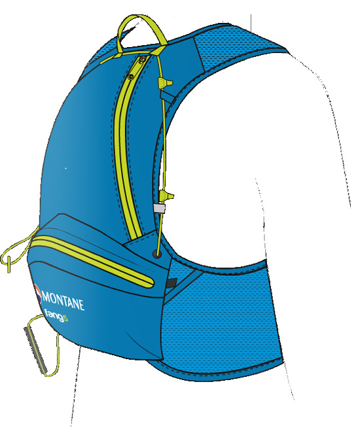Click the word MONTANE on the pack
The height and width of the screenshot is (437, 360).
coord(63,302)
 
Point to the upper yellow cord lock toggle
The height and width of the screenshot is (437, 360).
coord(165,83)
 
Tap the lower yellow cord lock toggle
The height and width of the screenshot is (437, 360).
coord(167,196)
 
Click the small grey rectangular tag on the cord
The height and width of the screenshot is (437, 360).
coord(159,208)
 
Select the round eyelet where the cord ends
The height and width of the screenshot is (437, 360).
coord(156,254)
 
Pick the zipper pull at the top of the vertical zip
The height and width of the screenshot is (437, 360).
coord(142,60)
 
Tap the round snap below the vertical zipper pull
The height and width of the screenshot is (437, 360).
coord(130,75)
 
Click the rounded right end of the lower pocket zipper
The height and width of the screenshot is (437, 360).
coord(151,282)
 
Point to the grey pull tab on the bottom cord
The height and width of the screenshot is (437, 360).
coord(36,350)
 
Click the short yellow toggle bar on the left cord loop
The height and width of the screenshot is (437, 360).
coord(9,264)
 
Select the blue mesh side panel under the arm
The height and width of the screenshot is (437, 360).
coord(221,318)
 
